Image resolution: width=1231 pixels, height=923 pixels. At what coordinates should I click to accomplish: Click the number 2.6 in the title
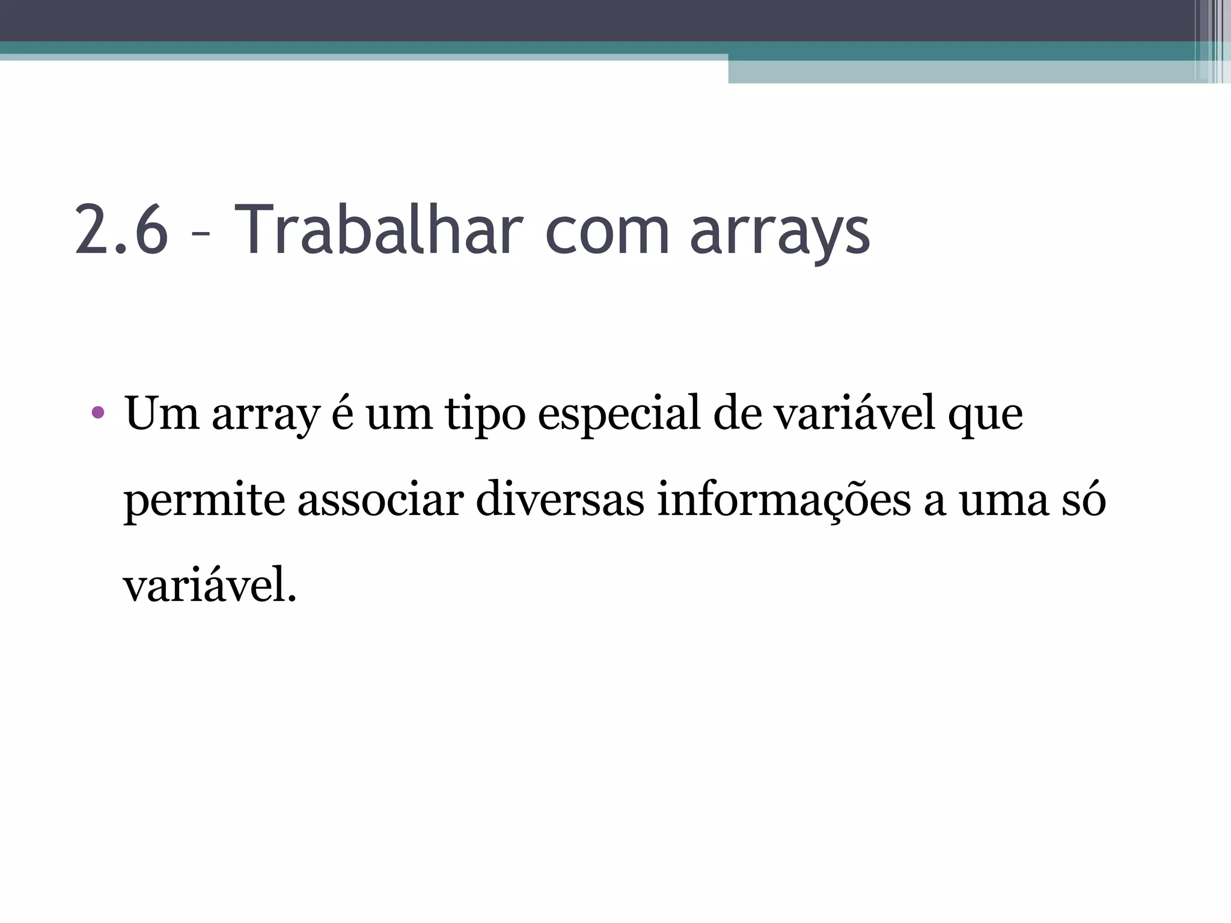tap(121, 230)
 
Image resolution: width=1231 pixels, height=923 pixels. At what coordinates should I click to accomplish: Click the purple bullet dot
tap(98, 413)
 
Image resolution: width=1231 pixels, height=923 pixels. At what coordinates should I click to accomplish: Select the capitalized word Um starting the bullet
tap(162, 413)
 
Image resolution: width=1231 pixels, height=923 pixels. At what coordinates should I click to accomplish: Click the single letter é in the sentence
tap(342, 413)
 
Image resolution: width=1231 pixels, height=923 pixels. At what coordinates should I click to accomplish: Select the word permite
tap(204, 501)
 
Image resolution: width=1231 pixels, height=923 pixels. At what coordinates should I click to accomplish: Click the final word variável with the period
tap(210, 586)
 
